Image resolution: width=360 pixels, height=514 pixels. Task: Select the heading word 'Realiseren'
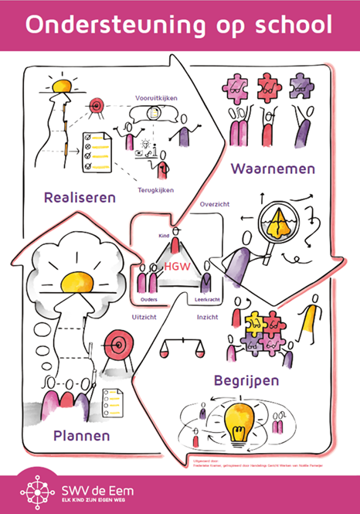[80, 196]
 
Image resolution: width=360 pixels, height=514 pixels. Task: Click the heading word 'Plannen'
[81, 435]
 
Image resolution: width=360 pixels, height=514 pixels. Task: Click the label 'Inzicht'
[208, 317]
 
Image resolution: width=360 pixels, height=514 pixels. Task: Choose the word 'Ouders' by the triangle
[149, 298]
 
